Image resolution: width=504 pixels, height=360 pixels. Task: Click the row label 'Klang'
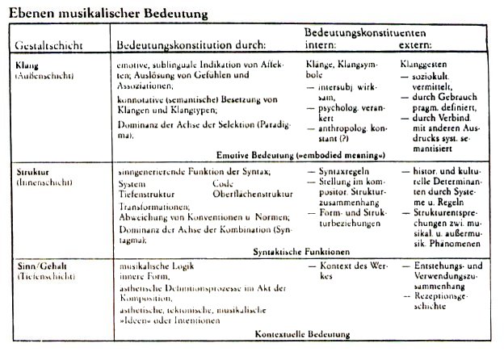(x=27, y=62)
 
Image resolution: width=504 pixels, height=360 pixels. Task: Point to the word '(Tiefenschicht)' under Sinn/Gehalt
(x=44, y=276)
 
